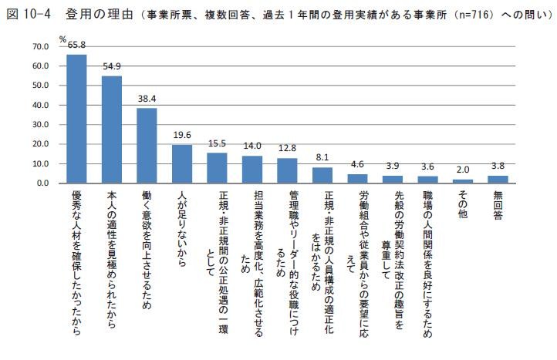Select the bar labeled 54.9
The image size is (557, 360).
[x=112, y=130]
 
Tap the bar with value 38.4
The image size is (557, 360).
[x=147, y=146]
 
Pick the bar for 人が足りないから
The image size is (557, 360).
[x=182, y=164]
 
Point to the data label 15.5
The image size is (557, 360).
[x=217, y=143]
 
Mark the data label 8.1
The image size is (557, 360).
[x=322, y=158]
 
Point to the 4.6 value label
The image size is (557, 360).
[x=358, y=165]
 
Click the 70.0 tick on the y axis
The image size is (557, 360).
[x=40, y=46]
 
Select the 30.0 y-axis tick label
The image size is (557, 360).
[x=40, y=125]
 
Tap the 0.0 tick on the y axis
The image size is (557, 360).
[x=42, y=183]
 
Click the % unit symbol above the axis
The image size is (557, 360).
[x=63, y=39]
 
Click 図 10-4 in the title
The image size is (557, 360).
[x=29, y=13]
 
